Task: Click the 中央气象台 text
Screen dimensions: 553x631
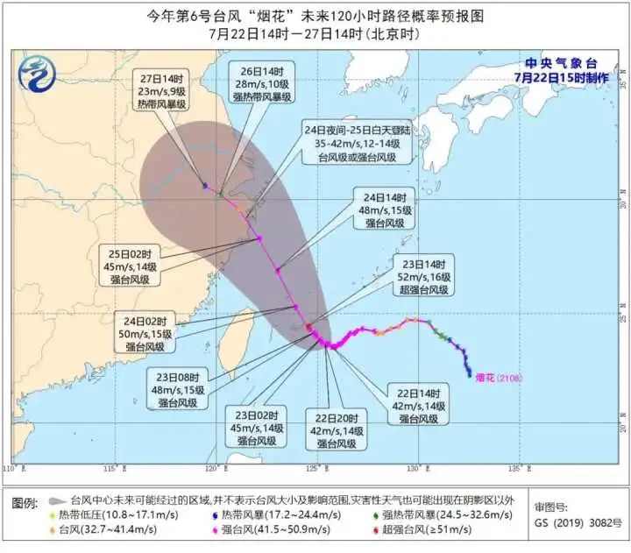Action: click(x=557, y=63)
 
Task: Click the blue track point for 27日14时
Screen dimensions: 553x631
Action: click(x=204, y=186)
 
